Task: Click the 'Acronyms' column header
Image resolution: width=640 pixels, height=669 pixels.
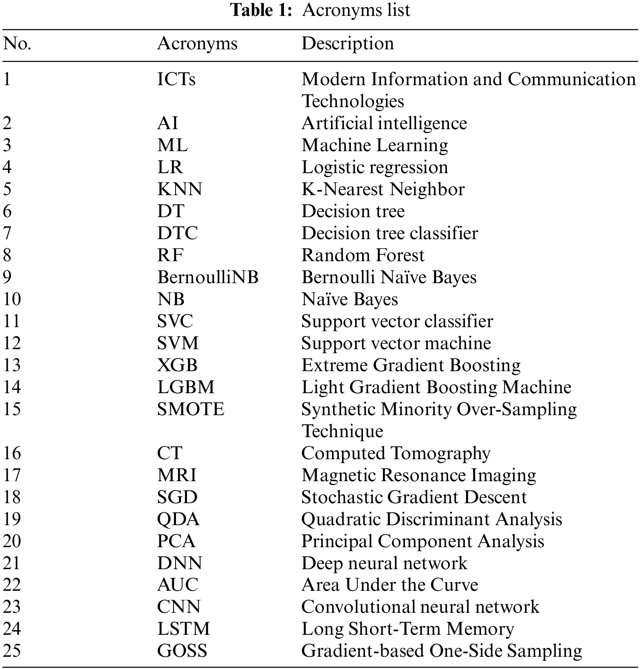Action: tap(197, 44)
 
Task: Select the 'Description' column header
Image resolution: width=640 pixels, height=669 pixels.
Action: tap(347, 44)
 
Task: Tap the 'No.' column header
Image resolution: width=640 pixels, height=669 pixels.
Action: tap(17, 44)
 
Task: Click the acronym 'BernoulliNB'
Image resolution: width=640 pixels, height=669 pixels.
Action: tap(208, 277)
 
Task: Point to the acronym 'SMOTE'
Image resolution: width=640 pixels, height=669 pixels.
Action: tap(191, 409)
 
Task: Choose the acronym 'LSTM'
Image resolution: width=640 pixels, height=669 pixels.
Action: tap(184, 629)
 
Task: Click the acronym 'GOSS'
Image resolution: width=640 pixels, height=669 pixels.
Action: tap(182, 651)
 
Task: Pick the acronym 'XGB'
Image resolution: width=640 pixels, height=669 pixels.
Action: tap(177, 365)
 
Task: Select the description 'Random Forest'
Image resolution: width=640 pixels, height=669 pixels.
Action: tap(363, 255)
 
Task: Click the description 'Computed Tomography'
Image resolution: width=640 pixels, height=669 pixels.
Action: tap(396, 453)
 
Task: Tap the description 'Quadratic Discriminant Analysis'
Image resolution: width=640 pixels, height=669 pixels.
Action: tap(431, 519)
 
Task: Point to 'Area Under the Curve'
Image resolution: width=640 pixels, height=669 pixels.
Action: tap(389, 585)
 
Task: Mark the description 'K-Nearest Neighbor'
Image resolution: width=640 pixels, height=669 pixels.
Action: tap(383, 189)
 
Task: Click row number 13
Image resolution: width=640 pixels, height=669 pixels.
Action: tap(11, 365)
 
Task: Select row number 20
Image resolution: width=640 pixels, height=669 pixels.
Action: tap(12, 541)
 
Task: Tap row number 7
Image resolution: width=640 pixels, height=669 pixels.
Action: tap(7, 233)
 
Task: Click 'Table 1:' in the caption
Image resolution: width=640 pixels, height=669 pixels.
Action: tap(261, 10)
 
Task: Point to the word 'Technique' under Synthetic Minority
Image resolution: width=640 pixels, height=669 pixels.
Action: tap(342, 431)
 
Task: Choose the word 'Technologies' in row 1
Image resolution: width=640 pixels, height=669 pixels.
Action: tap(353, 101)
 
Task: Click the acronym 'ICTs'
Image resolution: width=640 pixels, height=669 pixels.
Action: tap(176, 79)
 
